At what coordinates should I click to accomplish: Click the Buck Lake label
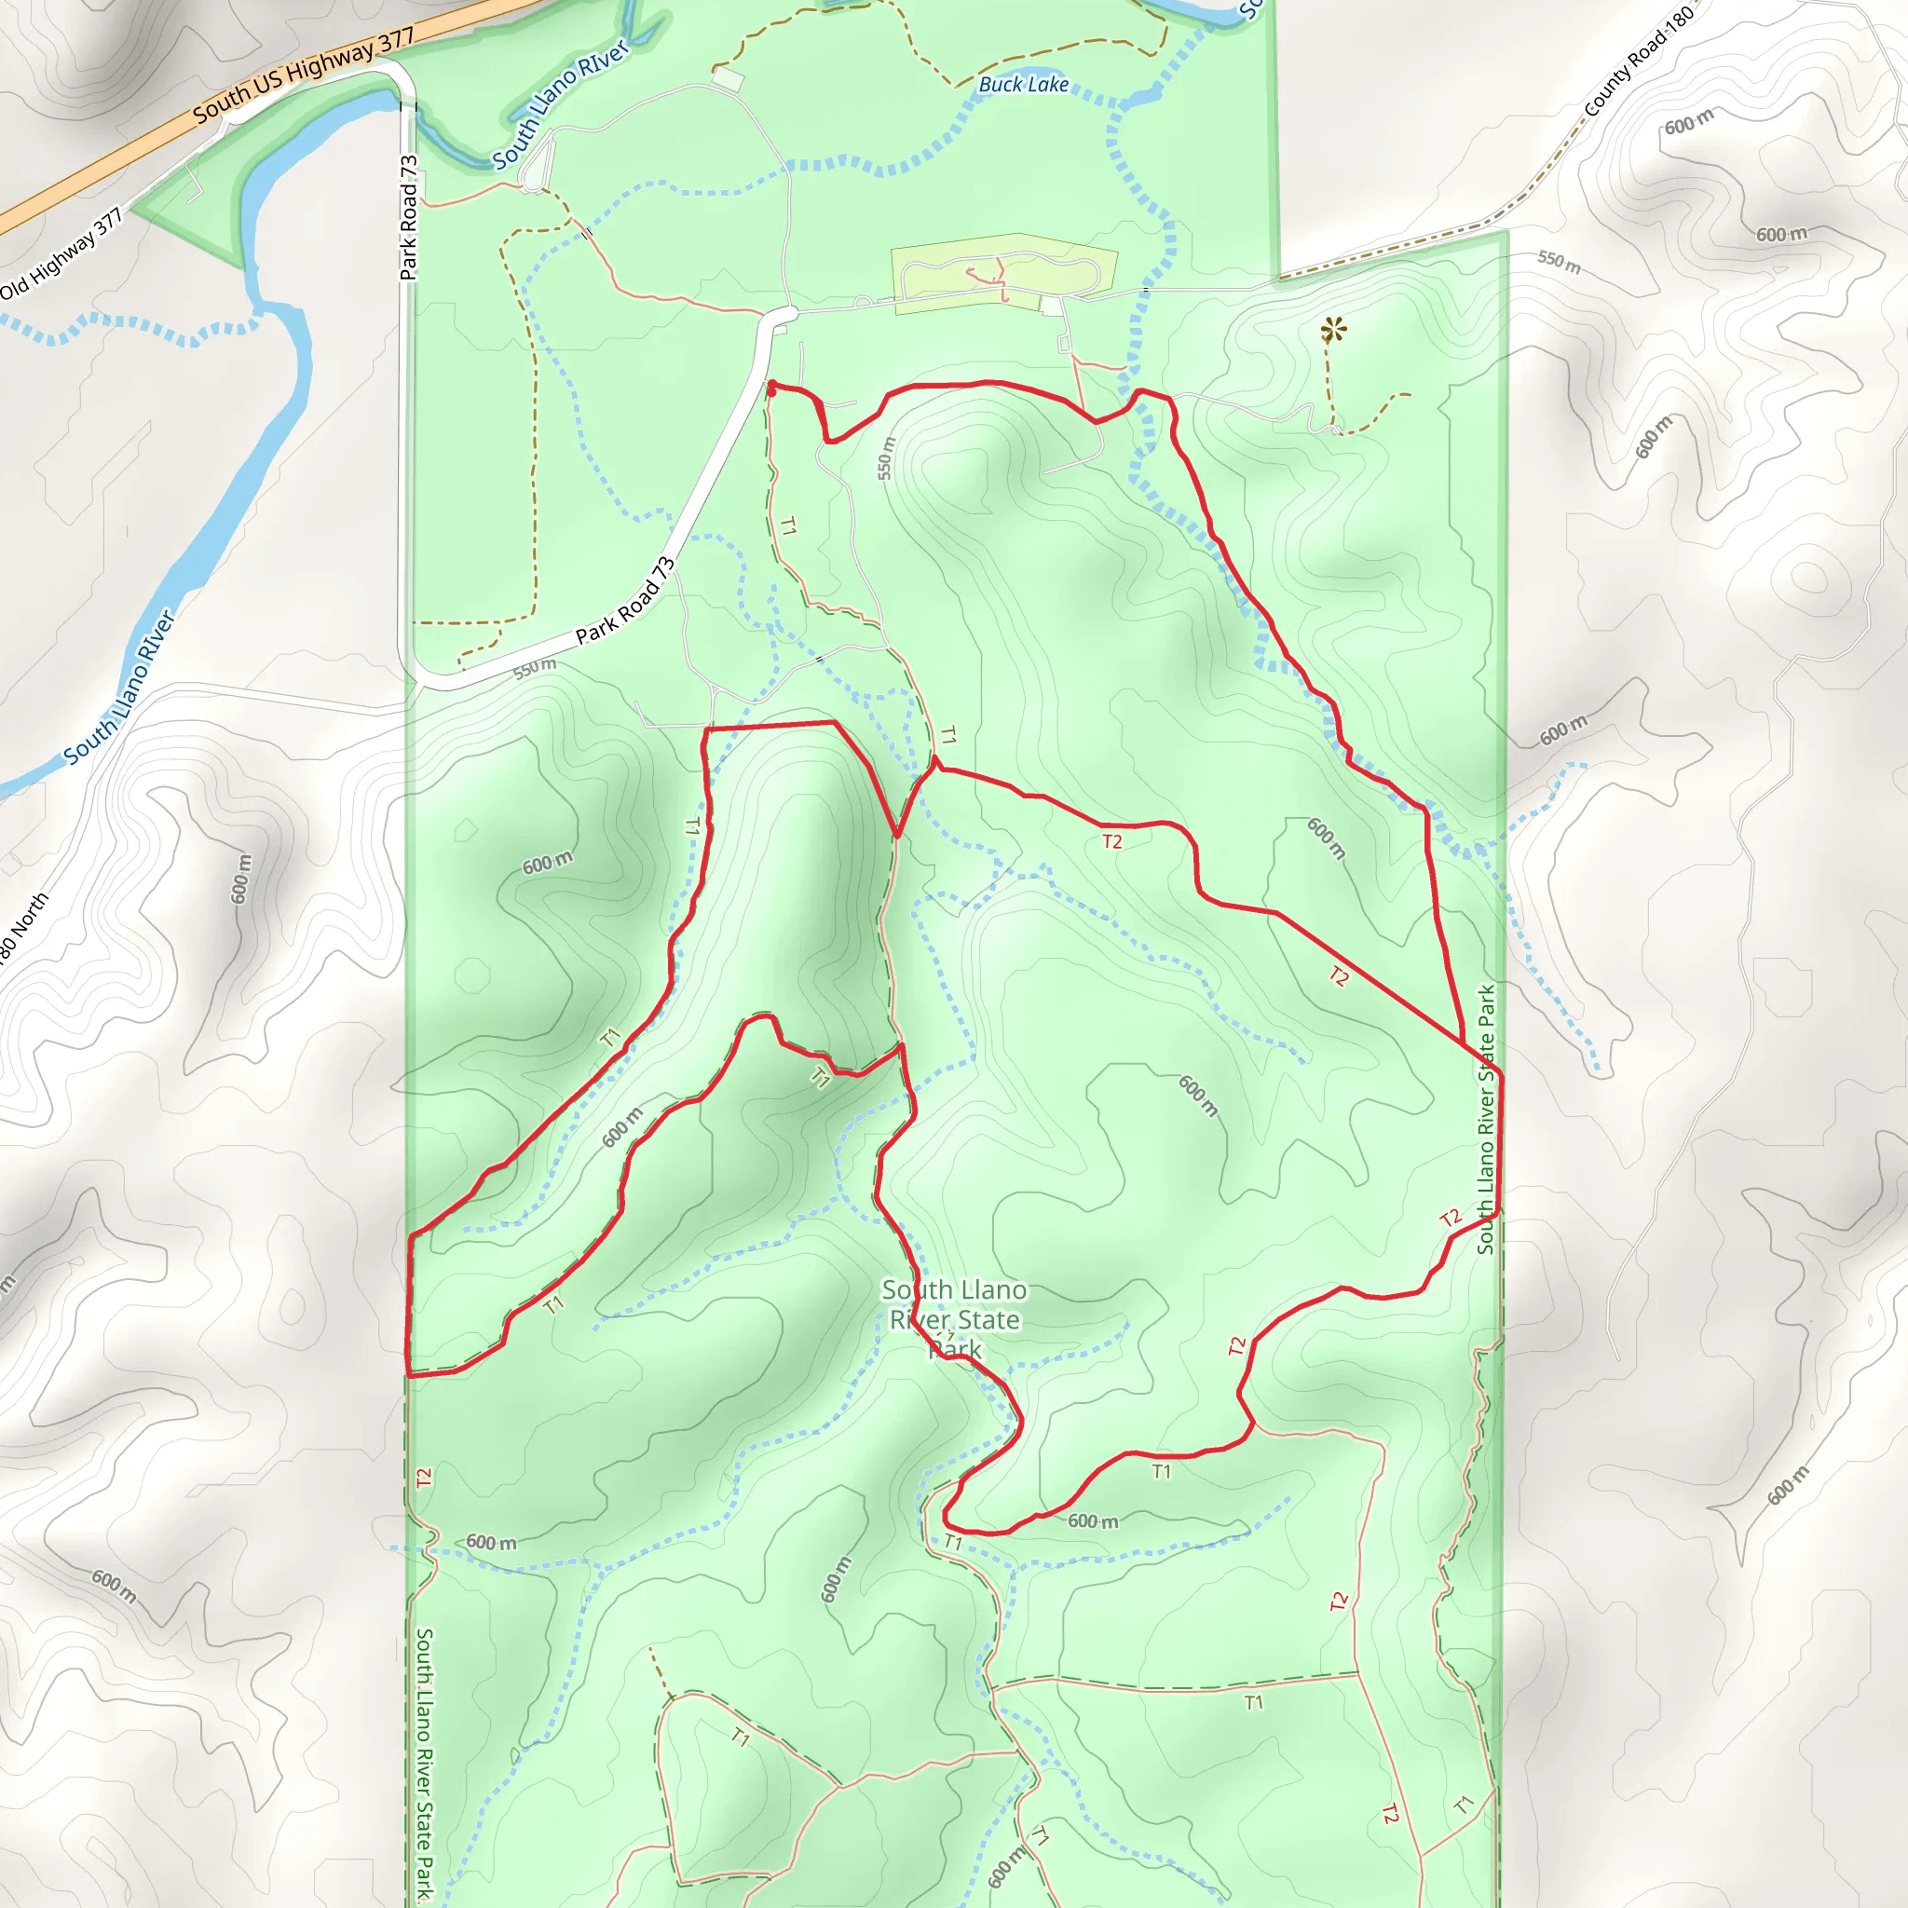[x=1023, y=85]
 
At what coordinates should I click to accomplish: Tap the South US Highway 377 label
[x=303, y=76]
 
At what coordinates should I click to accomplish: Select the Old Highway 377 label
[x=61, y=252]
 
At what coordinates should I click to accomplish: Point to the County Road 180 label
[x=1639, y=61]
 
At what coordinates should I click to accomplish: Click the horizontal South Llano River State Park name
[x=954, y=1319]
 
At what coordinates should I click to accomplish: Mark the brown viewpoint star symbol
[x=1333, y=330]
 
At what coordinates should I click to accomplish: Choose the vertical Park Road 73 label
[x=409, y=217]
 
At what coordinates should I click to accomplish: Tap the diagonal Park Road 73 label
[x=625, y=601]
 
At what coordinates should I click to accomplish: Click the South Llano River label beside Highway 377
[x=560, y=103]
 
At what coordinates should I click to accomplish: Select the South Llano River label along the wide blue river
[x=119, y=688]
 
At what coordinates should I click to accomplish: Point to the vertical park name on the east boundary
[x=1485, y=1119]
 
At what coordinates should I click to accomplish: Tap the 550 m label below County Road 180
[x=1560, y=262]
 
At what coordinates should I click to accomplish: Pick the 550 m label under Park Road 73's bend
[x=534, y=669]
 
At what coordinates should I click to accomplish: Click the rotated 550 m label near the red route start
[x=886, y=458]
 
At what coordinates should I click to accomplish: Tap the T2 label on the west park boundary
[x=424, y=1479]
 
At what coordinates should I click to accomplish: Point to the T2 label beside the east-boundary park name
[x=1450, y=1219]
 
